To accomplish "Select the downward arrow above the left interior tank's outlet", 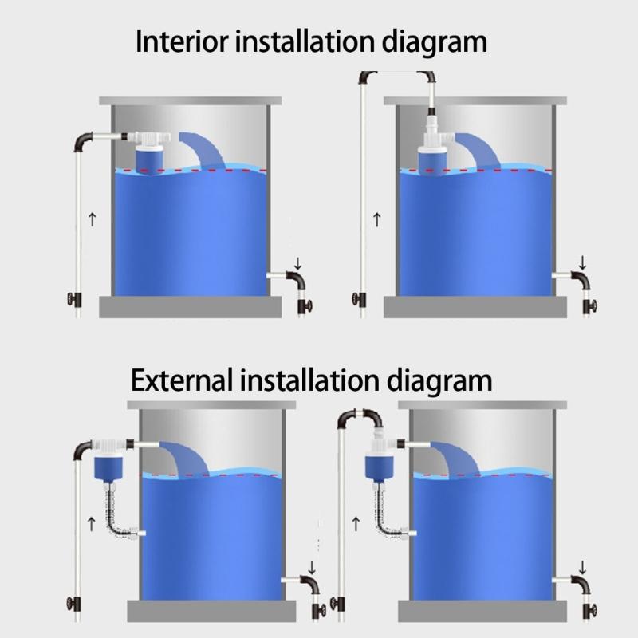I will [x=297, y=262].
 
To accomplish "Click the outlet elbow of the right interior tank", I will [x=580, y=282].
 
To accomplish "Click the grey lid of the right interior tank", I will [x=475, y=101].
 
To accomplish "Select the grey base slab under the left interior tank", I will [x=189, y=306].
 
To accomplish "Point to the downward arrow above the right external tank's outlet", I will [x=583, y=567].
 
